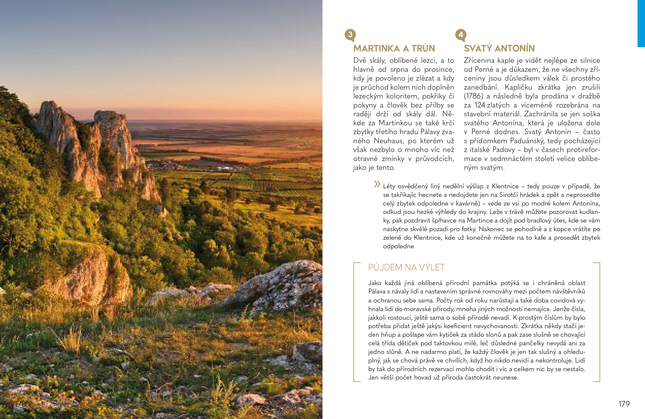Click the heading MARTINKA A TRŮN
tap(394, 48)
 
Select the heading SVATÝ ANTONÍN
tap(499, 48)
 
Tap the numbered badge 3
tap(350, 35)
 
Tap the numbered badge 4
tap(461, 35)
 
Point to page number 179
tap(624, 404)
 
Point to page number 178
tap(20, 404)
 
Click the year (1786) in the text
tap(473, 96)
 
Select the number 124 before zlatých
tap(480, 105)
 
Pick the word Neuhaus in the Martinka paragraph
tap(389, 141)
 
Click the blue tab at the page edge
tap(641, 23)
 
